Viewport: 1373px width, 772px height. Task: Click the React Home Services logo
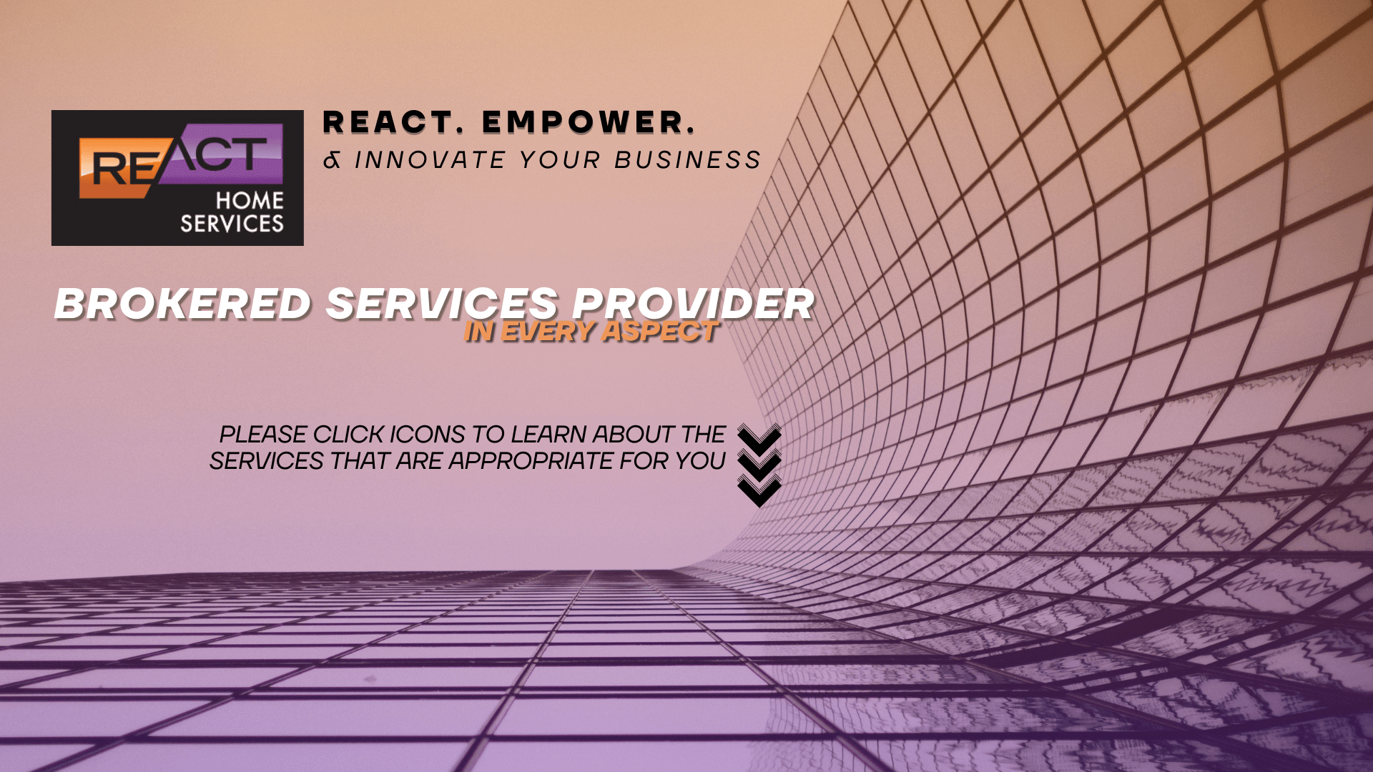pos(177,177)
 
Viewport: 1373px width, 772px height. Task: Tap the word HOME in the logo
pos(250,200)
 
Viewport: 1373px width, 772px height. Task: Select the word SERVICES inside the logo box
pos(232,224)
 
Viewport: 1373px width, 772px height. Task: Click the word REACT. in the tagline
pos(388,122)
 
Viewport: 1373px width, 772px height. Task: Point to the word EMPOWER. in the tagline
pos(588,122)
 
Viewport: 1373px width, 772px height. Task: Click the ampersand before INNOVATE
pos(332,160)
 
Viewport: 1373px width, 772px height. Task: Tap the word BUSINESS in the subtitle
pos(688,160)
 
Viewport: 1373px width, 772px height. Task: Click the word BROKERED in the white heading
pos(183,304)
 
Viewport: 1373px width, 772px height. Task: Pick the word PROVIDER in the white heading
pos(693,304)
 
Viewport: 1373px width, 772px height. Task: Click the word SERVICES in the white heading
pos(442,304)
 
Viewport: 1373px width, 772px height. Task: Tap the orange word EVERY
pos(547,332)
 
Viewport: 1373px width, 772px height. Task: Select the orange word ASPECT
pos(660,332)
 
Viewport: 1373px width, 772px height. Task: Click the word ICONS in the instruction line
pos(427,435)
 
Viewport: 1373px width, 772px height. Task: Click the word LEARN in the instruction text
pos(548,435)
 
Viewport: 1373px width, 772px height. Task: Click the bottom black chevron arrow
pos(759,491)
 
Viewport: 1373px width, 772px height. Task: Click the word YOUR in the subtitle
pos(560,160)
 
